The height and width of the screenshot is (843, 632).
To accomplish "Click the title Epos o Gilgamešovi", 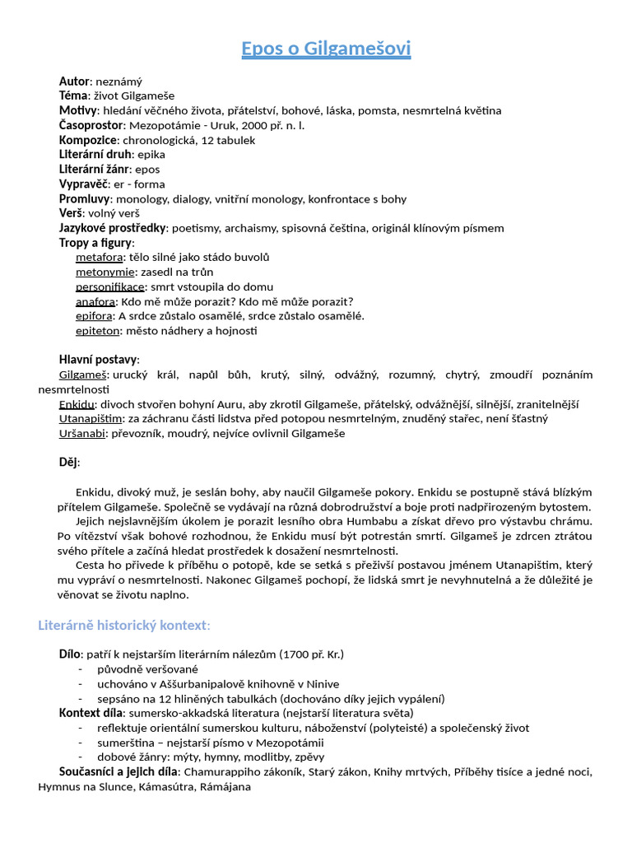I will click(326, 49).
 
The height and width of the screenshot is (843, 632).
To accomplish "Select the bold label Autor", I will click(74, 81).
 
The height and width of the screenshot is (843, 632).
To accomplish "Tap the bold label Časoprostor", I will click(91, 125).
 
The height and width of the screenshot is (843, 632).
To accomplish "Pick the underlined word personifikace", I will click(109, 286).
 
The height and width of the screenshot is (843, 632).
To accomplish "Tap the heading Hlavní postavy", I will click(98, 359).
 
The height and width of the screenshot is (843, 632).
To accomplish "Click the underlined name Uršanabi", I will click(81, 433).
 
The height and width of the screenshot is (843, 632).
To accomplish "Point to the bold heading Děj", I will click(68, 462).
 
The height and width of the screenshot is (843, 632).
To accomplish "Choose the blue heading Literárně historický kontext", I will click(123, 626).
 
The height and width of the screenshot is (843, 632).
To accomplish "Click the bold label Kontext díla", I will click(91, 713).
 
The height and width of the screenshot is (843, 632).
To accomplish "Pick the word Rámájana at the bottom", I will click(225, 786).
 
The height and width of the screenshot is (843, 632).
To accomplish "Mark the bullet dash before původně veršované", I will click(81, 669).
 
